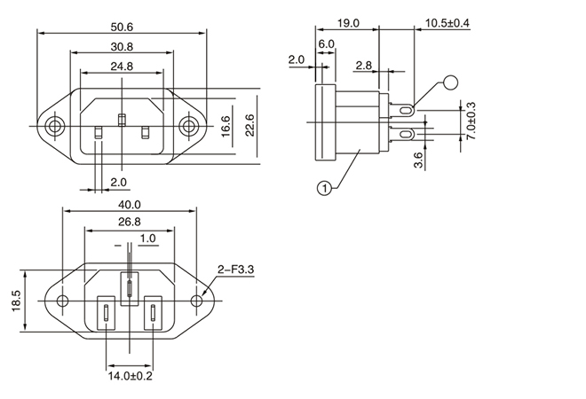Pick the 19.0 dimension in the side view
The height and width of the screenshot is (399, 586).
[349, 23]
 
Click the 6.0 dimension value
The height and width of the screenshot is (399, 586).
[326, 43]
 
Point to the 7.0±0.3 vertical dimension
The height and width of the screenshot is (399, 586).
[471, 121]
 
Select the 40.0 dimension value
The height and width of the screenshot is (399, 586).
[130, 204]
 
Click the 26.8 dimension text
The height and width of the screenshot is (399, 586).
[130, 221]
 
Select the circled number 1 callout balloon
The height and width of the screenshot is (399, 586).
[325, 187]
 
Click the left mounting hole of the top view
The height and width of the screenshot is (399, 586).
[56, 127]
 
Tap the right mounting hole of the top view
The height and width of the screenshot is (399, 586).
[189, 127]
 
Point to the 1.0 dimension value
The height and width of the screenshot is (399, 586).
[147, 239]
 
